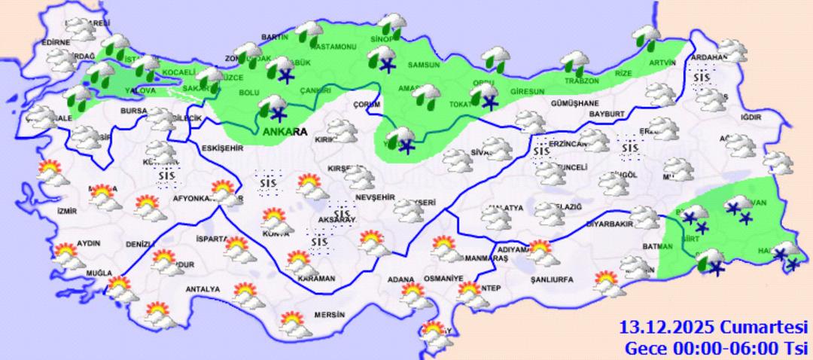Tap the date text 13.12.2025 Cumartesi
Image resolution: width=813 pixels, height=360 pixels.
(x=712, y=328)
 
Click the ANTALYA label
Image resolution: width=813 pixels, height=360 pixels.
(x=202, y=289)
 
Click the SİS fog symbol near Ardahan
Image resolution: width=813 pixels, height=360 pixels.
(x=702, y=77)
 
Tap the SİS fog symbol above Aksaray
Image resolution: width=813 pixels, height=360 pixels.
(x=344, y=214)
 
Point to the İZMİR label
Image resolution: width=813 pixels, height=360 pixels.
(x=67, y=212)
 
